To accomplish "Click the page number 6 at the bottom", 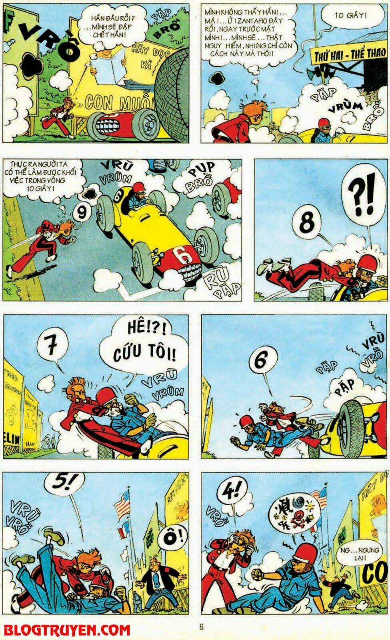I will tap(202, 627).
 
